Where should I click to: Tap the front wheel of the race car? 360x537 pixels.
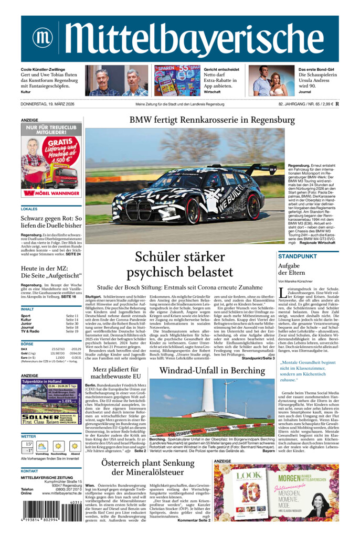(x=192, y=211)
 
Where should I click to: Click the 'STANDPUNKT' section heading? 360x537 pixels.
(x=298, y=256)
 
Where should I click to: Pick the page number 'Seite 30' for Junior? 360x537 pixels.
(x=72, y=324)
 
